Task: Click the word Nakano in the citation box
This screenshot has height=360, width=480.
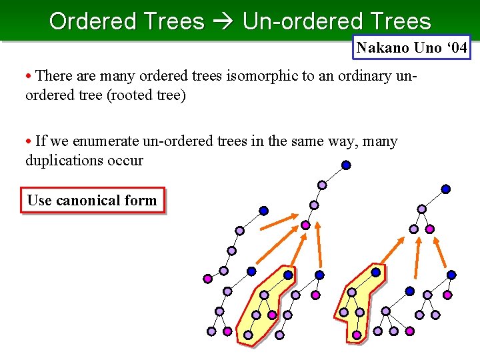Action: pos(381,48)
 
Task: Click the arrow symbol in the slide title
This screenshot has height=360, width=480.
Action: pos(223,21)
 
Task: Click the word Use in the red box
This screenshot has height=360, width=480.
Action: pos(39,200)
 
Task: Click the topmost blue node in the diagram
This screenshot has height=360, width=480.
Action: pos(346,165)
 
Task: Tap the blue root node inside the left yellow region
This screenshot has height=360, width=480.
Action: pos(288,275)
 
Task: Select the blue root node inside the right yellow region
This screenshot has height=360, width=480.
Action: pos(376,272)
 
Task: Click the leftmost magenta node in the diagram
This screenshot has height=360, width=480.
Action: pos(207,278)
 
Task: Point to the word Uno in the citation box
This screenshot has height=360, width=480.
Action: pos(421,48)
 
